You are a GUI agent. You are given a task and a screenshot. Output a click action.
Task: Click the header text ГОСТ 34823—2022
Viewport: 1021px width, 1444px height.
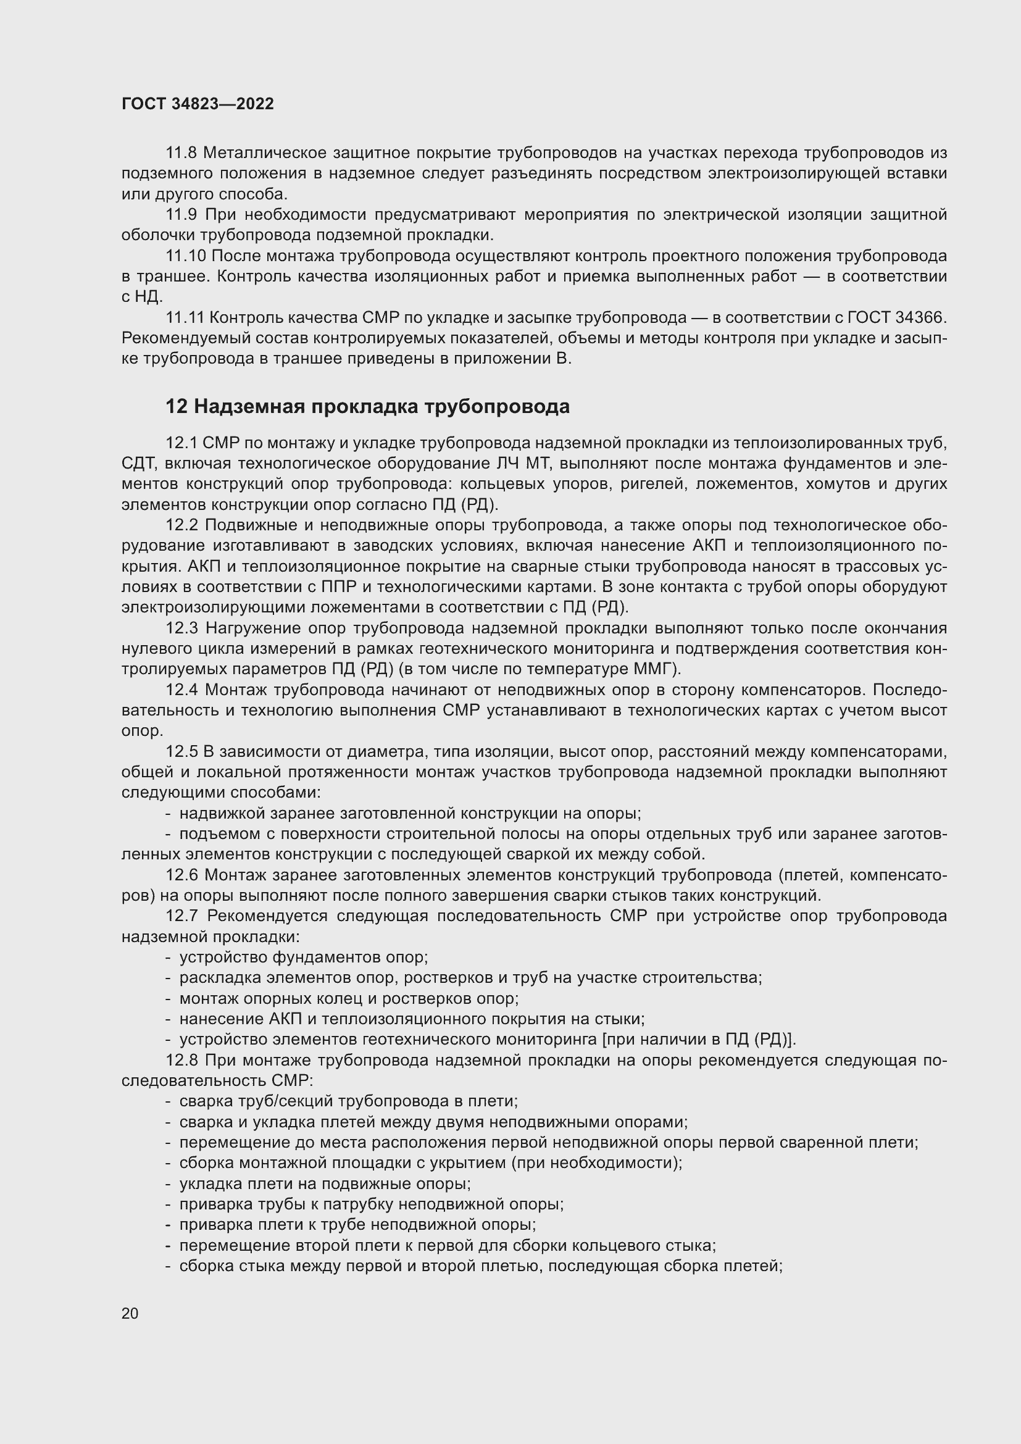pos(198,104)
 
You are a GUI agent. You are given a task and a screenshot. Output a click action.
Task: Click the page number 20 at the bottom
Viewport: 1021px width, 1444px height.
pos(130,1313)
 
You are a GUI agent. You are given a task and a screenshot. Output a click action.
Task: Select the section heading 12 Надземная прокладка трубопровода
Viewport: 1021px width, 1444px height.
pos(367,407)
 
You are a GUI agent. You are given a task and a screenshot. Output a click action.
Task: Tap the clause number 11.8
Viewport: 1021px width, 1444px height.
pos(181,154)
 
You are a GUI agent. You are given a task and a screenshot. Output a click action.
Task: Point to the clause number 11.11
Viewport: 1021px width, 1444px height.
pos(185,318)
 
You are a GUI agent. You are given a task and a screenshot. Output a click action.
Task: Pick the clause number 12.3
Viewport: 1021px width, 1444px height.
pos(181,629)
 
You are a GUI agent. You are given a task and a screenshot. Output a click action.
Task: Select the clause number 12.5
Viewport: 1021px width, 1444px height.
pos(181,752)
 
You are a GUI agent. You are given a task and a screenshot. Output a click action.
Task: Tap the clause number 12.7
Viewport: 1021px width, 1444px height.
pos(181,916)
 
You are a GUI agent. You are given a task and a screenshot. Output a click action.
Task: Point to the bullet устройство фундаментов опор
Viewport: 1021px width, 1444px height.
pos(304,958)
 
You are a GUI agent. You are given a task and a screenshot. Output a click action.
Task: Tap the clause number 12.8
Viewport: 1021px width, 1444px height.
pos(181,1061)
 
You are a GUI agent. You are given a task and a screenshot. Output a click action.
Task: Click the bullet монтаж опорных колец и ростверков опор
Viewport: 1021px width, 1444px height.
pos(348,999)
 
